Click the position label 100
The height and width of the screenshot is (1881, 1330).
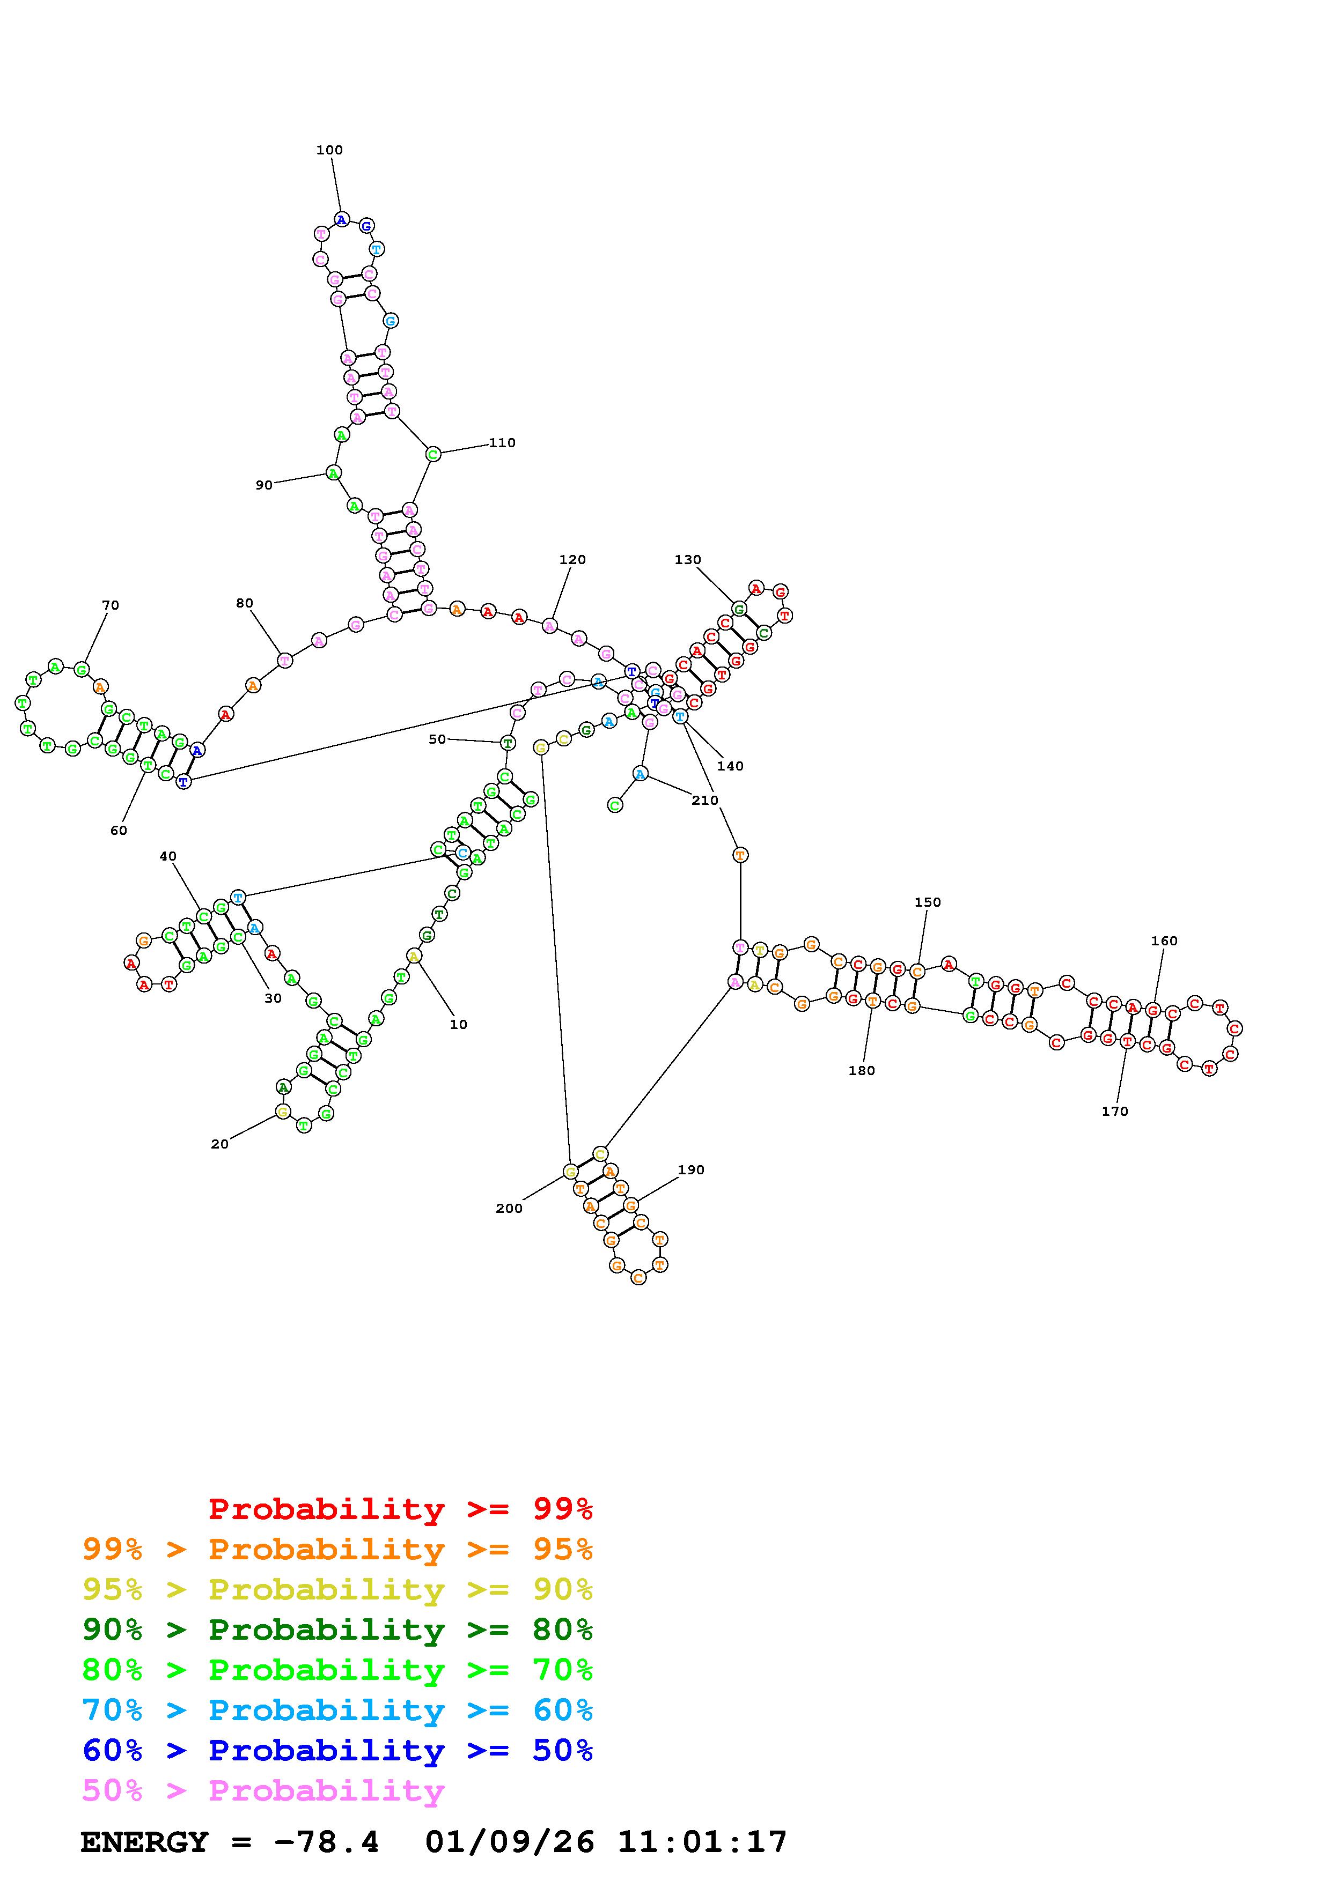[x=329, y=150]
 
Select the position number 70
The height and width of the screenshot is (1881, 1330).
[x=111, y=605]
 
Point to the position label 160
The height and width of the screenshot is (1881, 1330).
[x=1164, y=942]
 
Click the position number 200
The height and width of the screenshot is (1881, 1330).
[x=509, y=1209]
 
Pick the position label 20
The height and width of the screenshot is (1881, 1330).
[x=219, y=1144]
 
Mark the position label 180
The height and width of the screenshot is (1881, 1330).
[x=861, y=1071]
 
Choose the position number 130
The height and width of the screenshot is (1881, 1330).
[x=688, y=560]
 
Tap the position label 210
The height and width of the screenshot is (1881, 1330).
[x=705, y=801]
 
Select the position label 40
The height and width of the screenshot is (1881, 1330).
[x=168, y=856]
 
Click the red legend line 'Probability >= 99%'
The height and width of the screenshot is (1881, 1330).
[x=401, y=1508]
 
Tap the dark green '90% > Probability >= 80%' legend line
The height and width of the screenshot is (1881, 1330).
[x=337, y=1630]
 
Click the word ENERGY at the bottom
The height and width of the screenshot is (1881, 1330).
[x=145, y=1842]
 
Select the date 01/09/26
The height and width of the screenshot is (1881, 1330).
[x=510, y=1842]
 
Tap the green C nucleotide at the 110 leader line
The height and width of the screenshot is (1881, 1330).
[x=432, y=454]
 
